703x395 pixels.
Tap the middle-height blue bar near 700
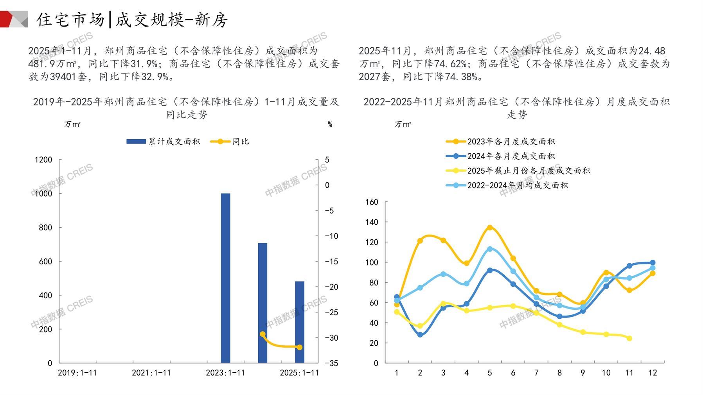[263, 303]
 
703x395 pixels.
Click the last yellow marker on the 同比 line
[299, 347]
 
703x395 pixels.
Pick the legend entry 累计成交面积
[163, 142]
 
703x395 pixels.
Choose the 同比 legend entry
[230, 142]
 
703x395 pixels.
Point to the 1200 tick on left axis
[43, 160]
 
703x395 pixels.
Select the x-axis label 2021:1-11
[151, 373]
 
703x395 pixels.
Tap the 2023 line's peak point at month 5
[490, 227]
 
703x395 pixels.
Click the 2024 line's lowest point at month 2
[420, 335]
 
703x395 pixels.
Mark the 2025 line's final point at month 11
[629, 338]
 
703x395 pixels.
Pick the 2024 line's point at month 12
[653, 263]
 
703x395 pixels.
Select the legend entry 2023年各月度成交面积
[501, 142]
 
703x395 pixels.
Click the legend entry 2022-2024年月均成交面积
[507, 185]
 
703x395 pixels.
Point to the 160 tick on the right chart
[372, 202]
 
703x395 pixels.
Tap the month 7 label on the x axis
[536, 373]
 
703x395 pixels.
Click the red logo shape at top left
[7, 19]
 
